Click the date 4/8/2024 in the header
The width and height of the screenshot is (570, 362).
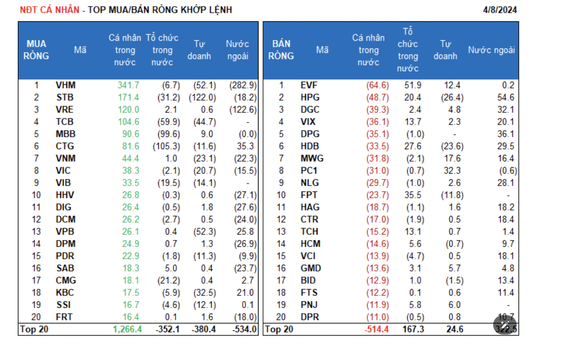(x=500, y=10)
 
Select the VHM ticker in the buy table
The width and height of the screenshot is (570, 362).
(x=66, y=85)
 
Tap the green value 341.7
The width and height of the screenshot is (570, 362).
(x=128, y=85)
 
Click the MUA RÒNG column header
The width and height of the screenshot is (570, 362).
(x=37, y=50)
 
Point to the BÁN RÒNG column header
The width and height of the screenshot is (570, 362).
(x=281, y=50)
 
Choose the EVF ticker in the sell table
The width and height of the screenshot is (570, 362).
(x=309, y=85)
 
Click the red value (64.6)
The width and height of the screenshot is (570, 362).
(x=377, y=85)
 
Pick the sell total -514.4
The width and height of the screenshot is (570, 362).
(x=377, y=329)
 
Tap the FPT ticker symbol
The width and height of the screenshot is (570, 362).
(x=309, y=195)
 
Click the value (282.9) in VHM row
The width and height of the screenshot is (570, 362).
(x=243, y=85)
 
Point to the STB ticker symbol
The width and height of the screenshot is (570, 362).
(x=65, y=98)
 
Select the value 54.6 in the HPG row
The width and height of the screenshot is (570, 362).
(x=507, y=98)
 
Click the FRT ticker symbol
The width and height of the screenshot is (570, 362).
(x=65, y=317)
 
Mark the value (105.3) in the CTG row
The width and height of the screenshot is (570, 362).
(x=166, y=146)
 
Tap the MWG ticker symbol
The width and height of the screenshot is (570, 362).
(x=312, y=159)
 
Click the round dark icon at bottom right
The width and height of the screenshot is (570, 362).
(x=504, y=325)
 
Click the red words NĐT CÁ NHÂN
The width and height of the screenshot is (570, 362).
(x=49, y=10)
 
